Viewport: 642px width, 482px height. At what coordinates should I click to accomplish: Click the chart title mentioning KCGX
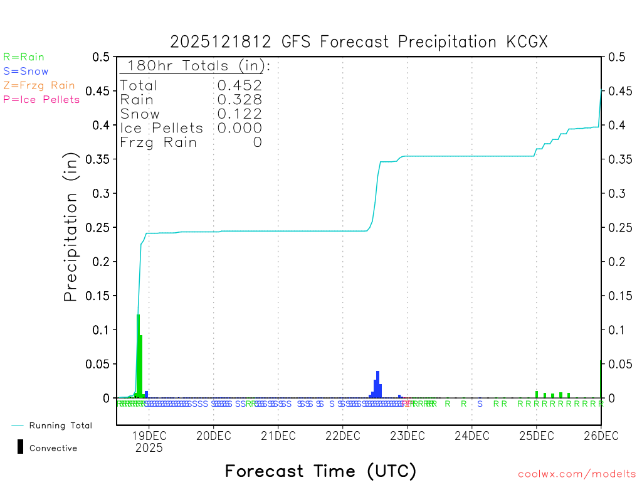tap(359, 42)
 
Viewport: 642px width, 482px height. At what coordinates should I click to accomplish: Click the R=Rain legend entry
tap(24, 57)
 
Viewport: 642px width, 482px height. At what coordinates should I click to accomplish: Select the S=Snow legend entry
tap(26, 72)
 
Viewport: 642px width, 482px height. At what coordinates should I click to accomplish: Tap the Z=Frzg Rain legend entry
tap(39, 85)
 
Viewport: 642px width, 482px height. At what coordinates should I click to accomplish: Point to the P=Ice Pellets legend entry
tap(41, 99)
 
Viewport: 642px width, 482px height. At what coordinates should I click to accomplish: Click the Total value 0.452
tap(239, 85)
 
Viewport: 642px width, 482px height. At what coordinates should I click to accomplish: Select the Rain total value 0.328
tap(239, 100)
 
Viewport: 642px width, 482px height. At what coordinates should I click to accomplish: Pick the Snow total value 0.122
tap(239, 114)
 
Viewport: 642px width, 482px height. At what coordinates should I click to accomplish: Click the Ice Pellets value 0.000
tap(239, 128)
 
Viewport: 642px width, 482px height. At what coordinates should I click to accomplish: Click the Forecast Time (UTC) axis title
tap(320, 471)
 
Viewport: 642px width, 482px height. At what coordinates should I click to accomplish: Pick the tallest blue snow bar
tap(377, 384)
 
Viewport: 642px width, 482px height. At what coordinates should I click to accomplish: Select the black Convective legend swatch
tap(21, 447)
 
